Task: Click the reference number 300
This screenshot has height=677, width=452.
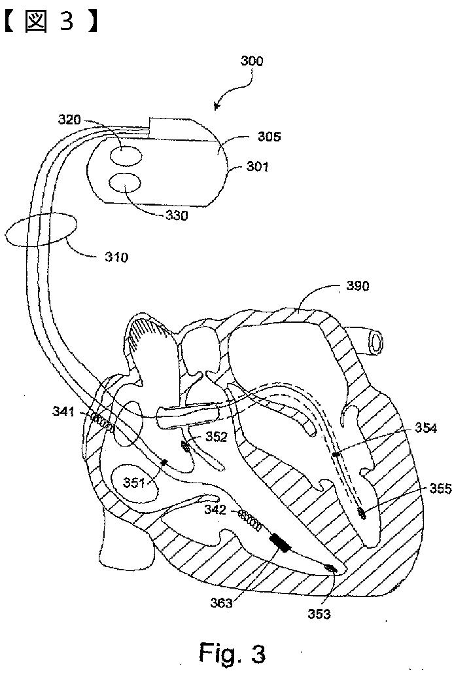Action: tap(251, 61)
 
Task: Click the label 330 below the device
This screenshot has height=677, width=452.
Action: tap(176, 215)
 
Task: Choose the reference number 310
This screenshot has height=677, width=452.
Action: tap(116, 257)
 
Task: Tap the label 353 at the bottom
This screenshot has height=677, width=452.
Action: tap(319, 613)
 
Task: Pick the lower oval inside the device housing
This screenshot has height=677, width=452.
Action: tap(124, 183)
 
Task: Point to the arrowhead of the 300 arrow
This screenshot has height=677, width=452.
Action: tap(217, 106)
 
